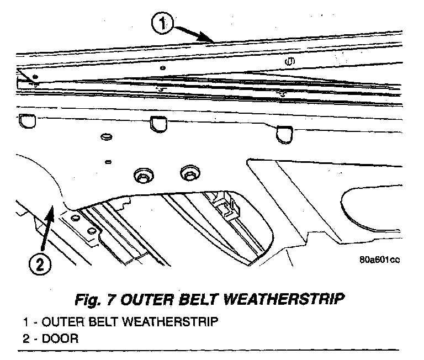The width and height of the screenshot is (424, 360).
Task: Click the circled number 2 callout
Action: [38, 265]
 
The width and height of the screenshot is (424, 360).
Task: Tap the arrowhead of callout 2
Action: [52, 208]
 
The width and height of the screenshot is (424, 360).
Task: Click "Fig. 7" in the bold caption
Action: [98, 299]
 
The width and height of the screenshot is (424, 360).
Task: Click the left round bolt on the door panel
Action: [142, 175]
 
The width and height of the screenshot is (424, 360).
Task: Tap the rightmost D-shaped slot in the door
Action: [285, 133]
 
